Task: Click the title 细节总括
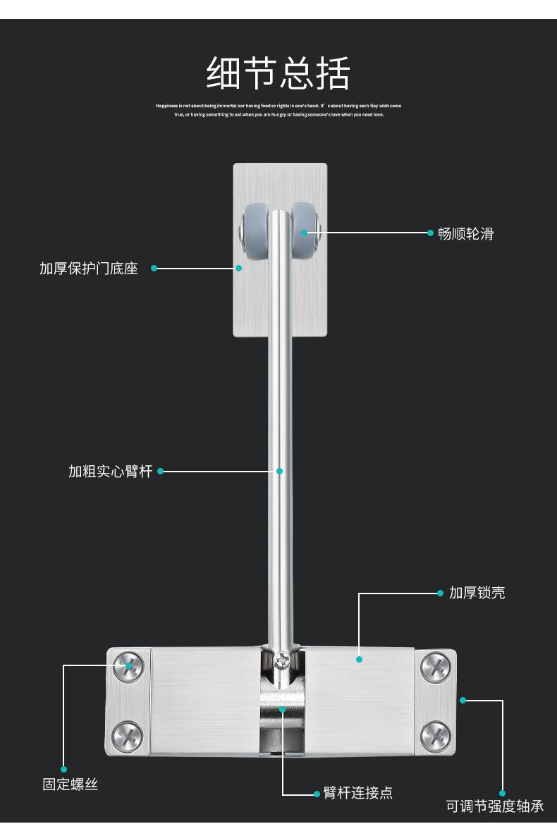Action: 278,73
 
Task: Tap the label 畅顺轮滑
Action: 465,234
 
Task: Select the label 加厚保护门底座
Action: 89,269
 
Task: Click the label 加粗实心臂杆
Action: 111,472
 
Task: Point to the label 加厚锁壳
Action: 477,593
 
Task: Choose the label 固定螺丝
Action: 71,785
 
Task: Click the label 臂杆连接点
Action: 357,793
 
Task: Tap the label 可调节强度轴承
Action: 495,806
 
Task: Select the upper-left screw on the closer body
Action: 128,665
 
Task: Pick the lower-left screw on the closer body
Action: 128,737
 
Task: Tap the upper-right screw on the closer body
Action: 435,666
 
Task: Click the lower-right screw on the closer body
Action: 435,737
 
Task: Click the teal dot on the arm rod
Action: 279,471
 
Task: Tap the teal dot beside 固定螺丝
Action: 63,769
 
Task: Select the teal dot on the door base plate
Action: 238,268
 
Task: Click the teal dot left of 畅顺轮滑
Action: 430,232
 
